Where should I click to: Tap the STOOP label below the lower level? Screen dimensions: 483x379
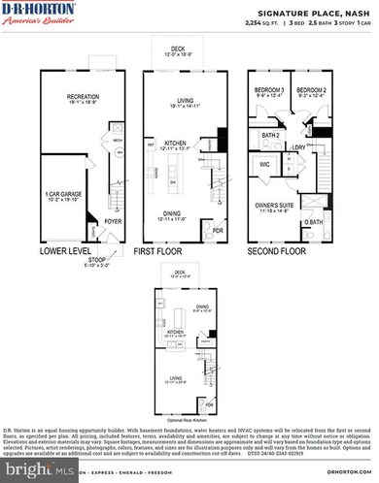(x=93, y=258)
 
